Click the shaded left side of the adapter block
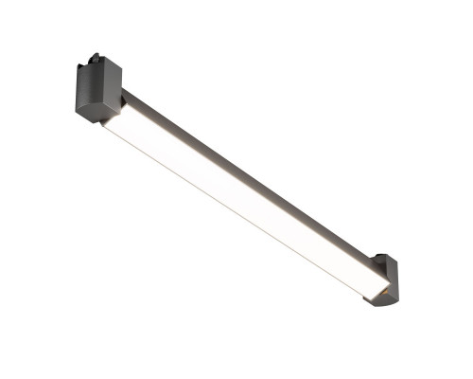coord(79,90)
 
